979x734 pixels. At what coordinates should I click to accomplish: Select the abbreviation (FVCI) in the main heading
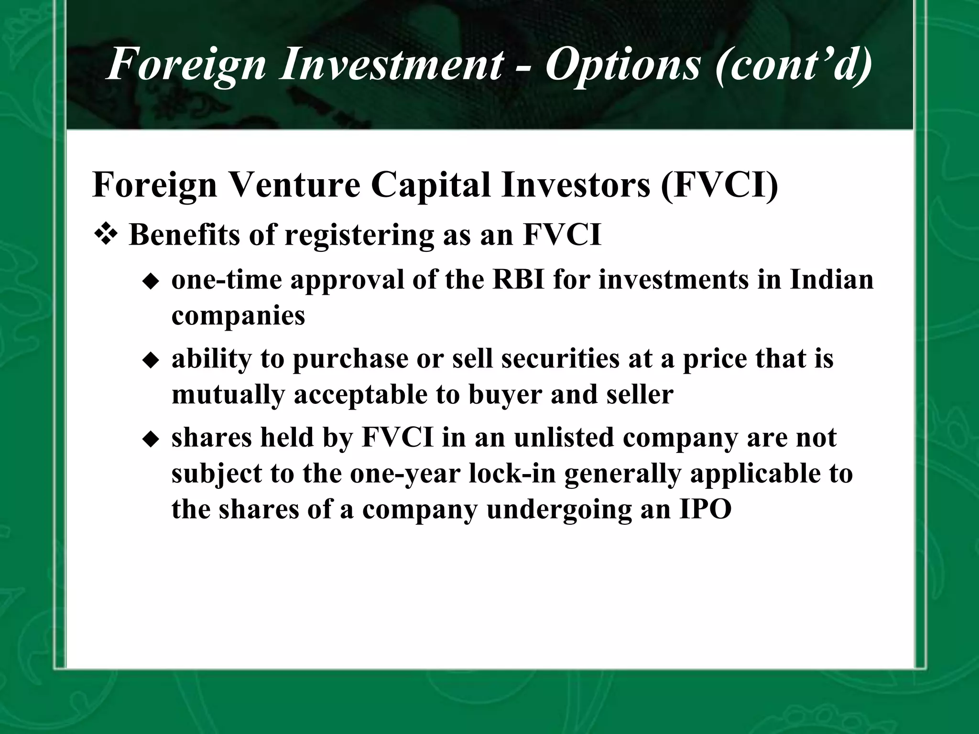[x=719, y=185]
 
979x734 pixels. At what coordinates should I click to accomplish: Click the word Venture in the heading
[x=294, y=185]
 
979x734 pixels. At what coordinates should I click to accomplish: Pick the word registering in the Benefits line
[x=359, y=236]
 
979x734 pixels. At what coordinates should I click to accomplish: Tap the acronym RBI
[x=518, y=280]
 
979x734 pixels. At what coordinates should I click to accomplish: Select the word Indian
[x=831, y=280]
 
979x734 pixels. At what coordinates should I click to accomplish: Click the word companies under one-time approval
[x=238, y=316]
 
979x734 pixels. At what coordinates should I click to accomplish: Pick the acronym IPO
[x=705, y=509]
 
